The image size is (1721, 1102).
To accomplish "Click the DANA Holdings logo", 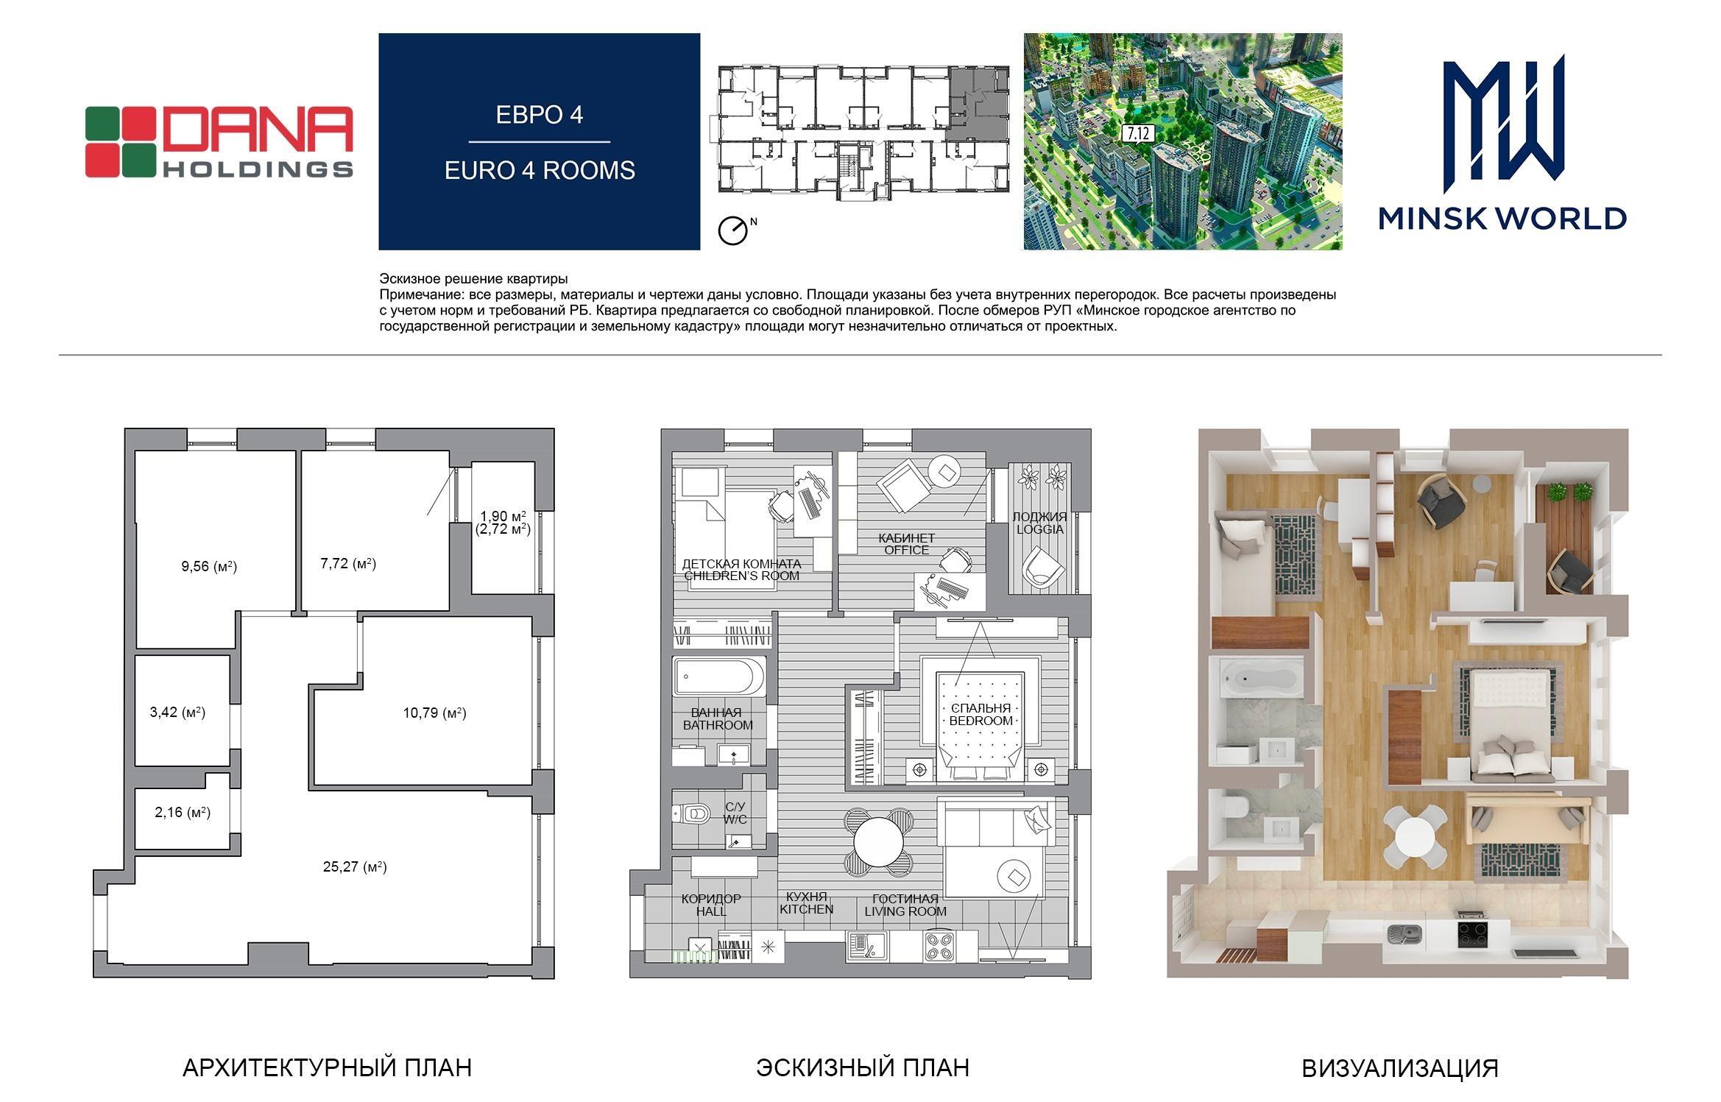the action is (219, 142).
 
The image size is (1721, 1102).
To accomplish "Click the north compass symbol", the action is (732, 230).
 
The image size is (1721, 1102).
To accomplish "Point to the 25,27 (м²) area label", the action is (355, 866).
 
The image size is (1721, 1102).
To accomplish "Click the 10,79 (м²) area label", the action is (434, 713).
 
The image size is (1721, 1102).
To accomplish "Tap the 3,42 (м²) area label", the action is (177, 712).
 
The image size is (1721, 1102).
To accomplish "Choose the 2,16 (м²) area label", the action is (183, 813).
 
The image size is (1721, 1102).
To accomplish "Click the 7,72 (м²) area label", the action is (348, 563).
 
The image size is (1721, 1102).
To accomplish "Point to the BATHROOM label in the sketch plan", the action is (718, 725).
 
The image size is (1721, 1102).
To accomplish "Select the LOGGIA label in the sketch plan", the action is (1039, 529).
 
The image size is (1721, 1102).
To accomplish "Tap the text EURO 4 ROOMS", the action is (540, 170).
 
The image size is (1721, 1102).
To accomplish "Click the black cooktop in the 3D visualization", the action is (1474, 933).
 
